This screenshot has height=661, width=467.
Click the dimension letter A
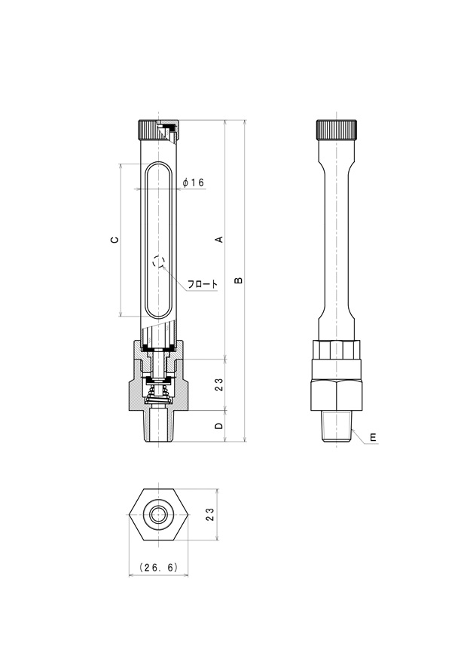point(219,239)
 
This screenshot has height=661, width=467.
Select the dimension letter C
point(114,240)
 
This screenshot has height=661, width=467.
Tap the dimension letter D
point(218,426)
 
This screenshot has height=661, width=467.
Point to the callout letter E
point(373,438)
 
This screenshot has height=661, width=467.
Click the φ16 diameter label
point(194,182)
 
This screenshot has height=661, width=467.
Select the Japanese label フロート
point(203,283)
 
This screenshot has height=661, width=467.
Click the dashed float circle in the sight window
point(158,262)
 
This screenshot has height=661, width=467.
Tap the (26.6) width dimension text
point(159,567)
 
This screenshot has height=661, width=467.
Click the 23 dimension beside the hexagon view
point(210,514)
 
